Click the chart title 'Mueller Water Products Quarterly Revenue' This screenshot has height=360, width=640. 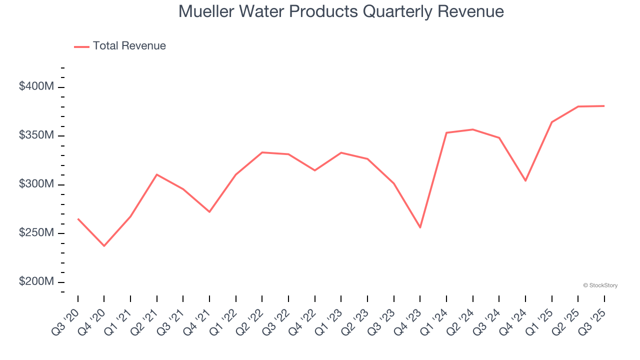341,11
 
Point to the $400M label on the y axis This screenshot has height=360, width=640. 36,86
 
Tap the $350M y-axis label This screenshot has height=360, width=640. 36,135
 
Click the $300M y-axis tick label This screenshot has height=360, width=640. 36,184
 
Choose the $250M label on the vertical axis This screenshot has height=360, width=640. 36,233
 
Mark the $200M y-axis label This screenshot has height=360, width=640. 36,281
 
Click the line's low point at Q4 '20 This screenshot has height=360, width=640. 104,246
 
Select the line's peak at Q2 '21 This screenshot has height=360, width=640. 157,174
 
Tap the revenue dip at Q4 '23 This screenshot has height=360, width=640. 420,227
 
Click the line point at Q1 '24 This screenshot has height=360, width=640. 446,132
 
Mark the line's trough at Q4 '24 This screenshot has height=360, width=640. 525,180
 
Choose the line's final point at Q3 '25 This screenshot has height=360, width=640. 604,106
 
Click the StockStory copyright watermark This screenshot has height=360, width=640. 600,285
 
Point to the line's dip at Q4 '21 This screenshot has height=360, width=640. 209,212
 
